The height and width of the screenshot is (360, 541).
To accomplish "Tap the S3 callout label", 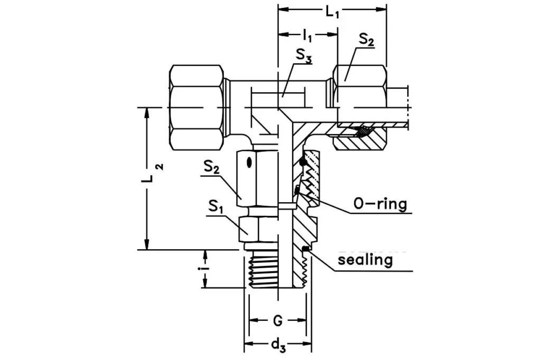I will tap(303, 55).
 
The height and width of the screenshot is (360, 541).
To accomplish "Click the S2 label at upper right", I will tap(366, 40).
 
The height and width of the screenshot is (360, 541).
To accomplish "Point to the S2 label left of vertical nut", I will tap(212, 168).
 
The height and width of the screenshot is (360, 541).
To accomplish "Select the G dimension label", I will tap(278, 321).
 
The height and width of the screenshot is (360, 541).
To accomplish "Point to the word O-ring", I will tap(380, 204).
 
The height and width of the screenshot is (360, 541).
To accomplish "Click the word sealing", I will tap(365, 260).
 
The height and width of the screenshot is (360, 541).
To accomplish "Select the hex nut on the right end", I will tap(360, 84).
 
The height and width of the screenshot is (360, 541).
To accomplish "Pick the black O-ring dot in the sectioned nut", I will tap(302, 163).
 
